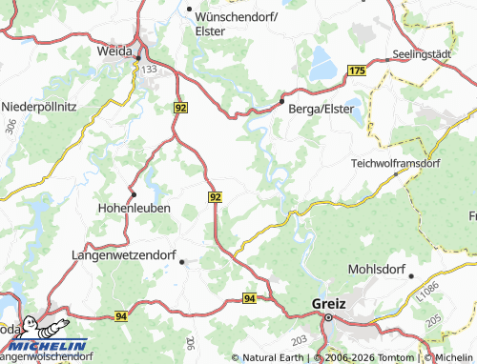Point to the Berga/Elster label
(321, 109)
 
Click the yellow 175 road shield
(357, 71)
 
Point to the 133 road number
(148, 70)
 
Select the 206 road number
(192, 343)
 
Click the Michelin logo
(45, 345)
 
